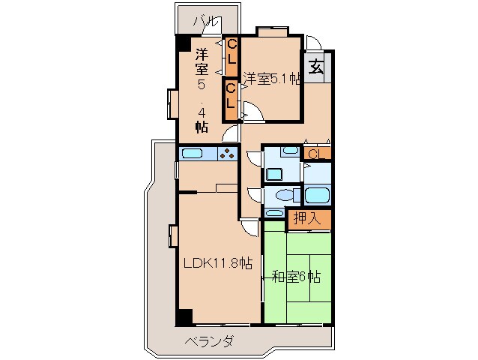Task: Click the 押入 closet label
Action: [307, 220]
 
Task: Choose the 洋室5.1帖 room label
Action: [271, 79]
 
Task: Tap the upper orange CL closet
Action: [232, 52]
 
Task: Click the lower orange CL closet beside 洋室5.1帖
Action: [232, 97]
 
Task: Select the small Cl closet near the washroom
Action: [315, 154]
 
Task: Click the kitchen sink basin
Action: [193, 154]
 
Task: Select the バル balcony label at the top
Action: [203, 20]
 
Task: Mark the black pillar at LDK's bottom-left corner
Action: [184, 316]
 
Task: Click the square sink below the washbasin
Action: [273, 175]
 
